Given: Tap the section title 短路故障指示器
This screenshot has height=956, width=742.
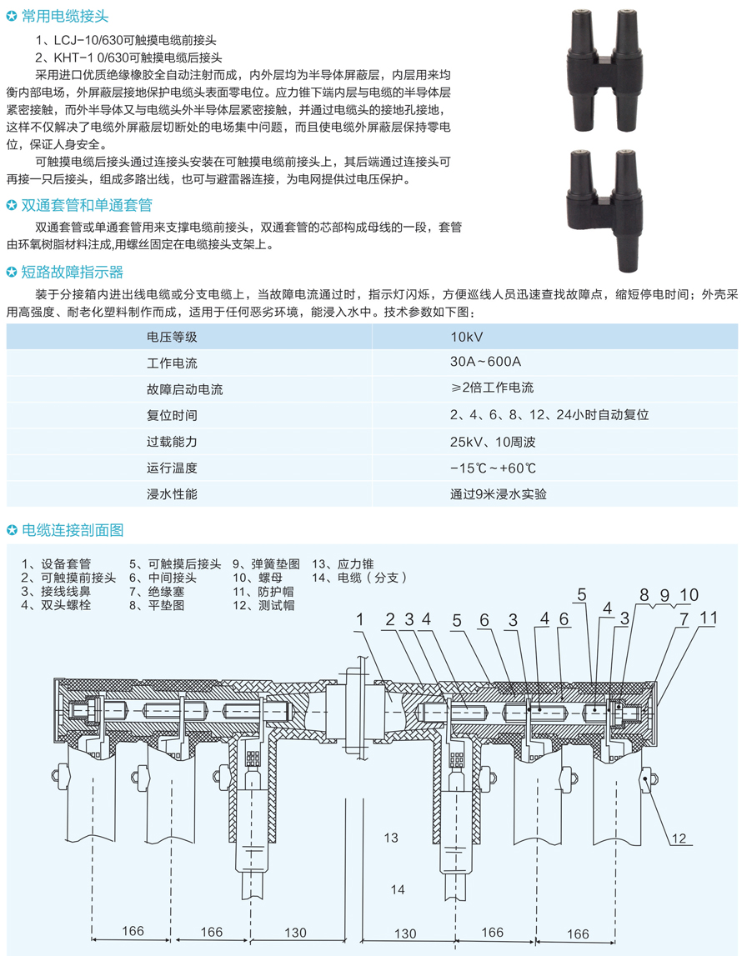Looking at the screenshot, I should pyautogui.click(x=71, y=272).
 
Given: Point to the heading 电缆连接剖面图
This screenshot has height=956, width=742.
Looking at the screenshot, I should pyautogui.click(x=72, y=529).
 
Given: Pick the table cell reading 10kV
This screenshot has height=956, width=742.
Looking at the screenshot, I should pyautogui.click(x=467, y=337).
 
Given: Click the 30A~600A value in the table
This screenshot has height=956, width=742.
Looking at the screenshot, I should pyautogui.click(x=485, y=363).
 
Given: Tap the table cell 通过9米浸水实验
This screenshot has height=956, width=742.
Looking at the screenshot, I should pyautogui.click(x=499, y=493).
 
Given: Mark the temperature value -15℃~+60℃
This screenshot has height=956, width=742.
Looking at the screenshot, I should pyautogui.click(x=493, y=468).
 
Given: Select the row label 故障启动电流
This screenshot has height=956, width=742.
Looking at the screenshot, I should pyautogui.click(x=184, y=388).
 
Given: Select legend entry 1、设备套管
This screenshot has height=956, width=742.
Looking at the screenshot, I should pyautogui.click(x=57, y=563).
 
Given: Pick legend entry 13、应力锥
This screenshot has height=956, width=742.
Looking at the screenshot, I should pyautogui.click(x=343, y=563).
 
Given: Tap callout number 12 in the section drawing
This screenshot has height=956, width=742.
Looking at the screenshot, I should pyautogui.click(x=681, y=838).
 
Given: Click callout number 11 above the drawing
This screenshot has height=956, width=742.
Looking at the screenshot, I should pyautogui.click(x=708, y=618).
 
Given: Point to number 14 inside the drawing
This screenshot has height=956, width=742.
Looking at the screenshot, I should pyautogui.click(x=398, y=890).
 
